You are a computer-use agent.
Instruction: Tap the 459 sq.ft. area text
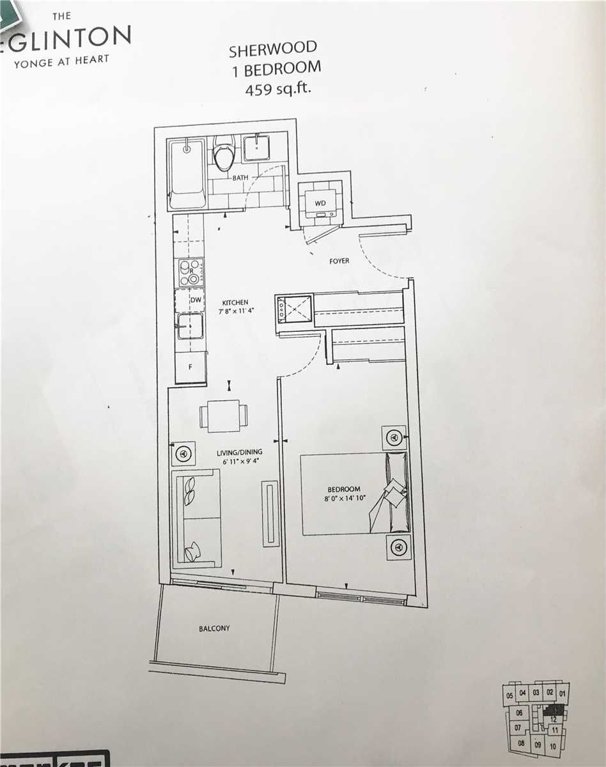277,89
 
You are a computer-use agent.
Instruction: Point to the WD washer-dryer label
320,203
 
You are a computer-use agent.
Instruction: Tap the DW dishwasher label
190,299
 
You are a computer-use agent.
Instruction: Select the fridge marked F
190,368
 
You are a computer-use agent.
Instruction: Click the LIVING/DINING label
238,451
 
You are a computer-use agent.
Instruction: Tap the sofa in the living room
196,518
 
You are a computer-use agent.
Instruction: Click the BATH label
240,178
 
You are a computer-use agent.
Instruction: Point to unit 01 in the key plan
562,693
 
